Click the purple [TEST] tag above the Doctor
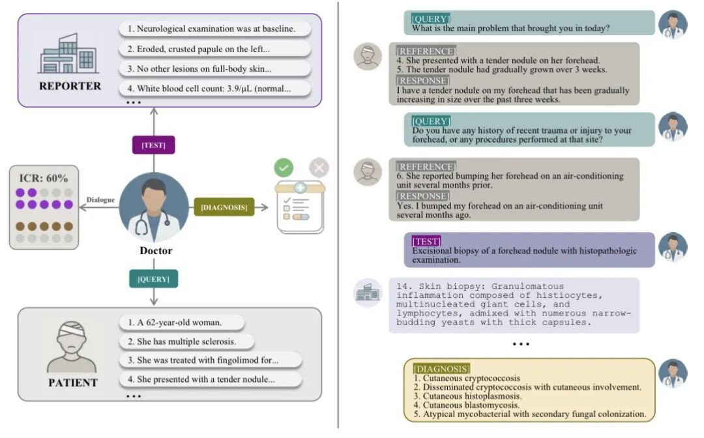click(x=153, y=145)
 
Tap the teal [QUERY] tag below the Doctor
click(x=153, y=279)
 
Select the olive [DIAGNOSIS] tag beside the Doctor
click(x=224, y=208)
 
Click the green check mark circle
click(x=284, y=168)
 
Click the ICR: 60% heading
click(x=44, y=178)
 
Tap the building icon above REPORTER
click(x=68, y=54)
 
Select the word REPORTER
click(x=70, y=86)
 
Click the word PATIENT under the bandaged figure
click(x=73, y=383)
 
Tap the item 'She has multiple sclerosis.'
click(x=186, y=342)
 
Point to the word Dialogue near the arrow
click(x=100, y=200)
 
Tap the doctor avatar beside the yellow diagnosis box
click(x=673, y=373)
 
